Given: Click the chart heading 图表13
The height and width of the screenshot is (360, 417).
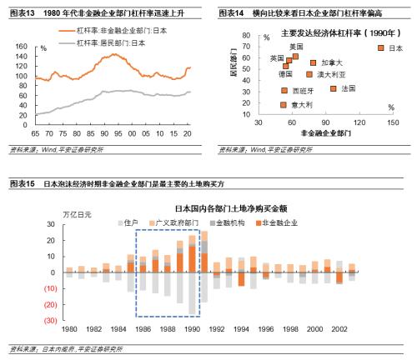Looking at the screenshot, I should (x=22, y=12).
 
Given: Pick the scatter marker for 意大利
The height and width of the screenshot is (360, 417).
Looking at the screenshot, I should (x=284, y=104).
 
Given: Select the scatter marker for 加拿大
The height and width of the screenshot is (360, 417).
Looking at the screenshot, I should (x=314, y=62).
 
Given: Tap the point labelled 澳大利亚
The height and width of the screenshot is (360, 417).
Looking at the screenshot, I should (x=309, y=74).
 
